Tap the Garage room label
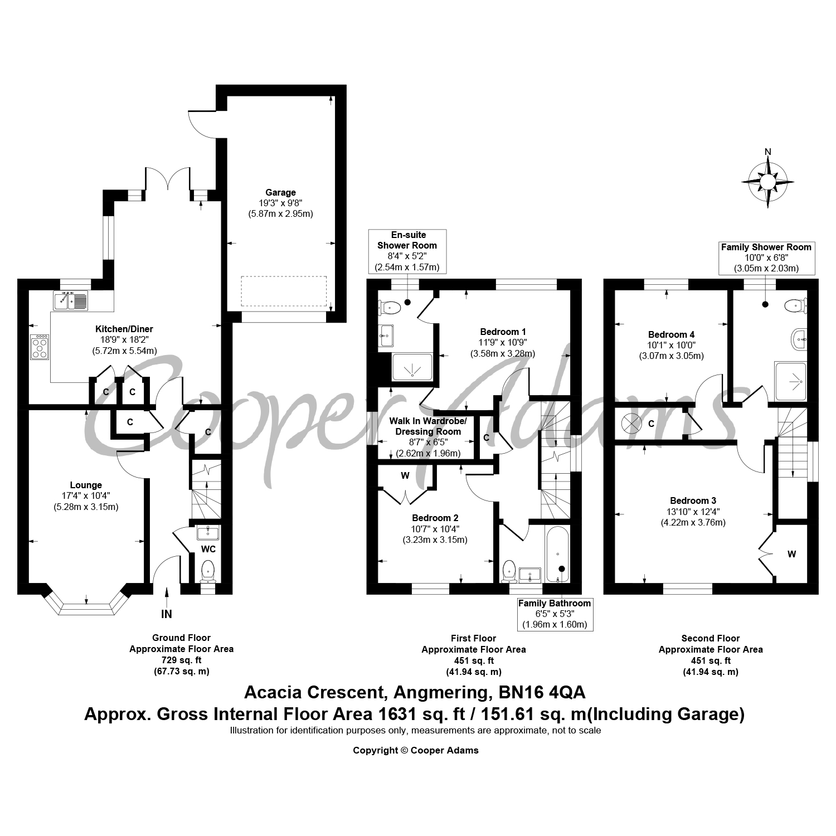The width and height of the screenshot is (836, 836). click(280, 193)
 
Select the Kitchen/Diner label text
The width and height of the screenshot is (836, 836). click(124, 329)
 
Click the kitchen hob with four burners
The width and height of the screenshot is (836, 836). click(40, 347)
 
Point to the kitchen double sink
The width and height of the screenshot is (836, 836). click(71, 301)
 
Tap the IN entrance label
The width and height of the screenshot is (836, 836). click(167, 614)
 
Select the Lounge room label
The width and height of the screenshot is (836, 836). click(86, 485)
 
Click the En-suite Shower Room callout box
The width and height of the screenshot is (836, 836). click(407, 251)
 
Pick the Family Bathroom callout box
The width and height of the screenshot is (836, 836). click(555, 614)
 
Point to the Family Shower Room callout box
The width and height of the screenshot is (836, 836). click(766, 257)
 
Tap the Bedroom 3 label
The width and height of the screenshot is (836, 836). click(693, 500)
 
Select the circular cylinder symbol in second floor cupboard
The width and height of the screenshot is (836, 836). click(631, 424)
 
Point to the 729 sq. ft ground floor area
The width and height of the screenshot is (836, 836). click(181, 660)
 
